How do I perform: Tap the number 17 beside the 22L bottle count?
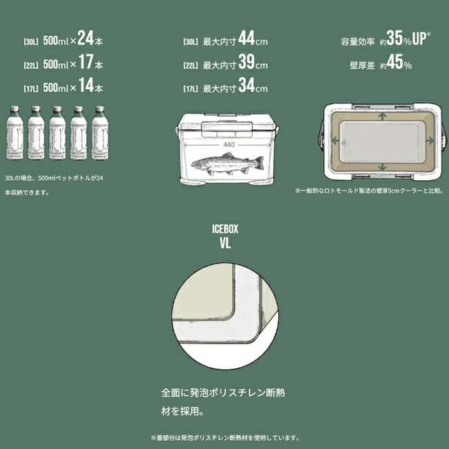point(85,63)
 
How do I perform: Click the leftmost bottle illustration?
point(14,133)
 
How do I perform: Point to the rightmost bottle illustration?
point(99,133)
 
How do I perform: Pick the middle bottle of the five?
point(57,133)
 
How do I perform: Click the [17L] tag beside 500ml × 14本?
point(30,89)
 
